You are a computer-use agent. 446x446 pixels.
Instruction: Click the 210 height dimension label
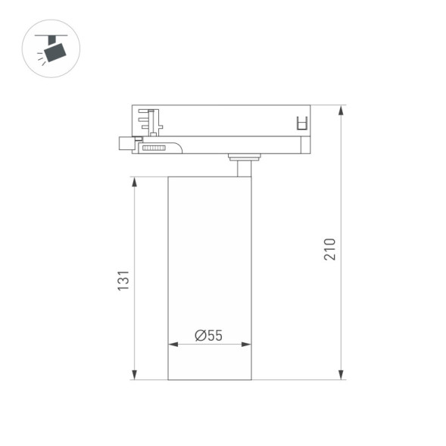330,249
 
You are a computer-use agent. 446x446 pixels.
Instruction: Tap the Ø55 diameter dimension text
208,335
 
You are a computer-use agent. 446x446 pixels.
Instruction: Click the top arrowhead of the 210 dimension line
342,109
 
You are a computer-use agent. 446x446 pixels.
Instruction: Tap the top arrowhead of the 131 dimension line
135,182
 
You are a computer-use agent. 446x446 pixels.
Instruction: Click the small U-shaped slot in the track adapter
301,123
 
